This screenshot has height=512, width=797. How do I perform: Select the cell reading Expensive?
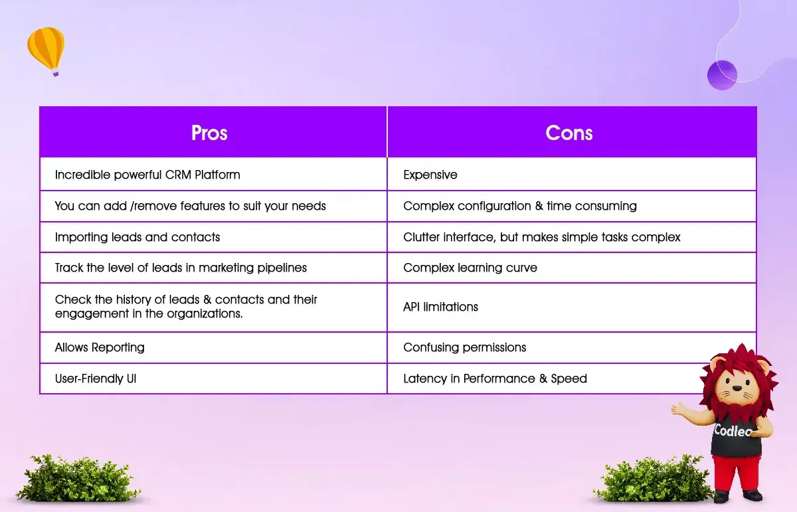tap(572, 175)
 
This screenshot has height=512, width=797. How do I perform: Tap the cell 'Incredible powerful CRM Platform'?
tap(213, 175)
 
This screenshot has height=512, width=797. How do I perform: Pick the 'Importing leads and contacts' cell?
tap(213, 237)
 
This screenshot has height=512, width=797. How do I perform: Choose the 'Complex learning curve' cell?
tap(572, 268)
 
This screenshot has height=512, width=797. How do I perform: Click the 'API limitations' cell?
tap(572, 307)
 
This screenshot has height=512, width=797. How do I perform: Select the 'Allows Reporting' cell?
tap(213, 347)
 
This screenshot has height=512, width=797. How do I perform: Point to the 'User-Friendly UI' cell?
tap(213, 379)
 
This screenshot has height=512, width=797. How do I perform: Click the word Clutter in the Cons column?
tap(421, 237)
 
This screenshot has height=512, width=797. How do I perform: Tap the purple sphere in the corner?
tap(722, 75)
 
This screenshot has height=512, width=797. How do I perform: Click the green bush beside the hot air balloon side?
tap(78, 478)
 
